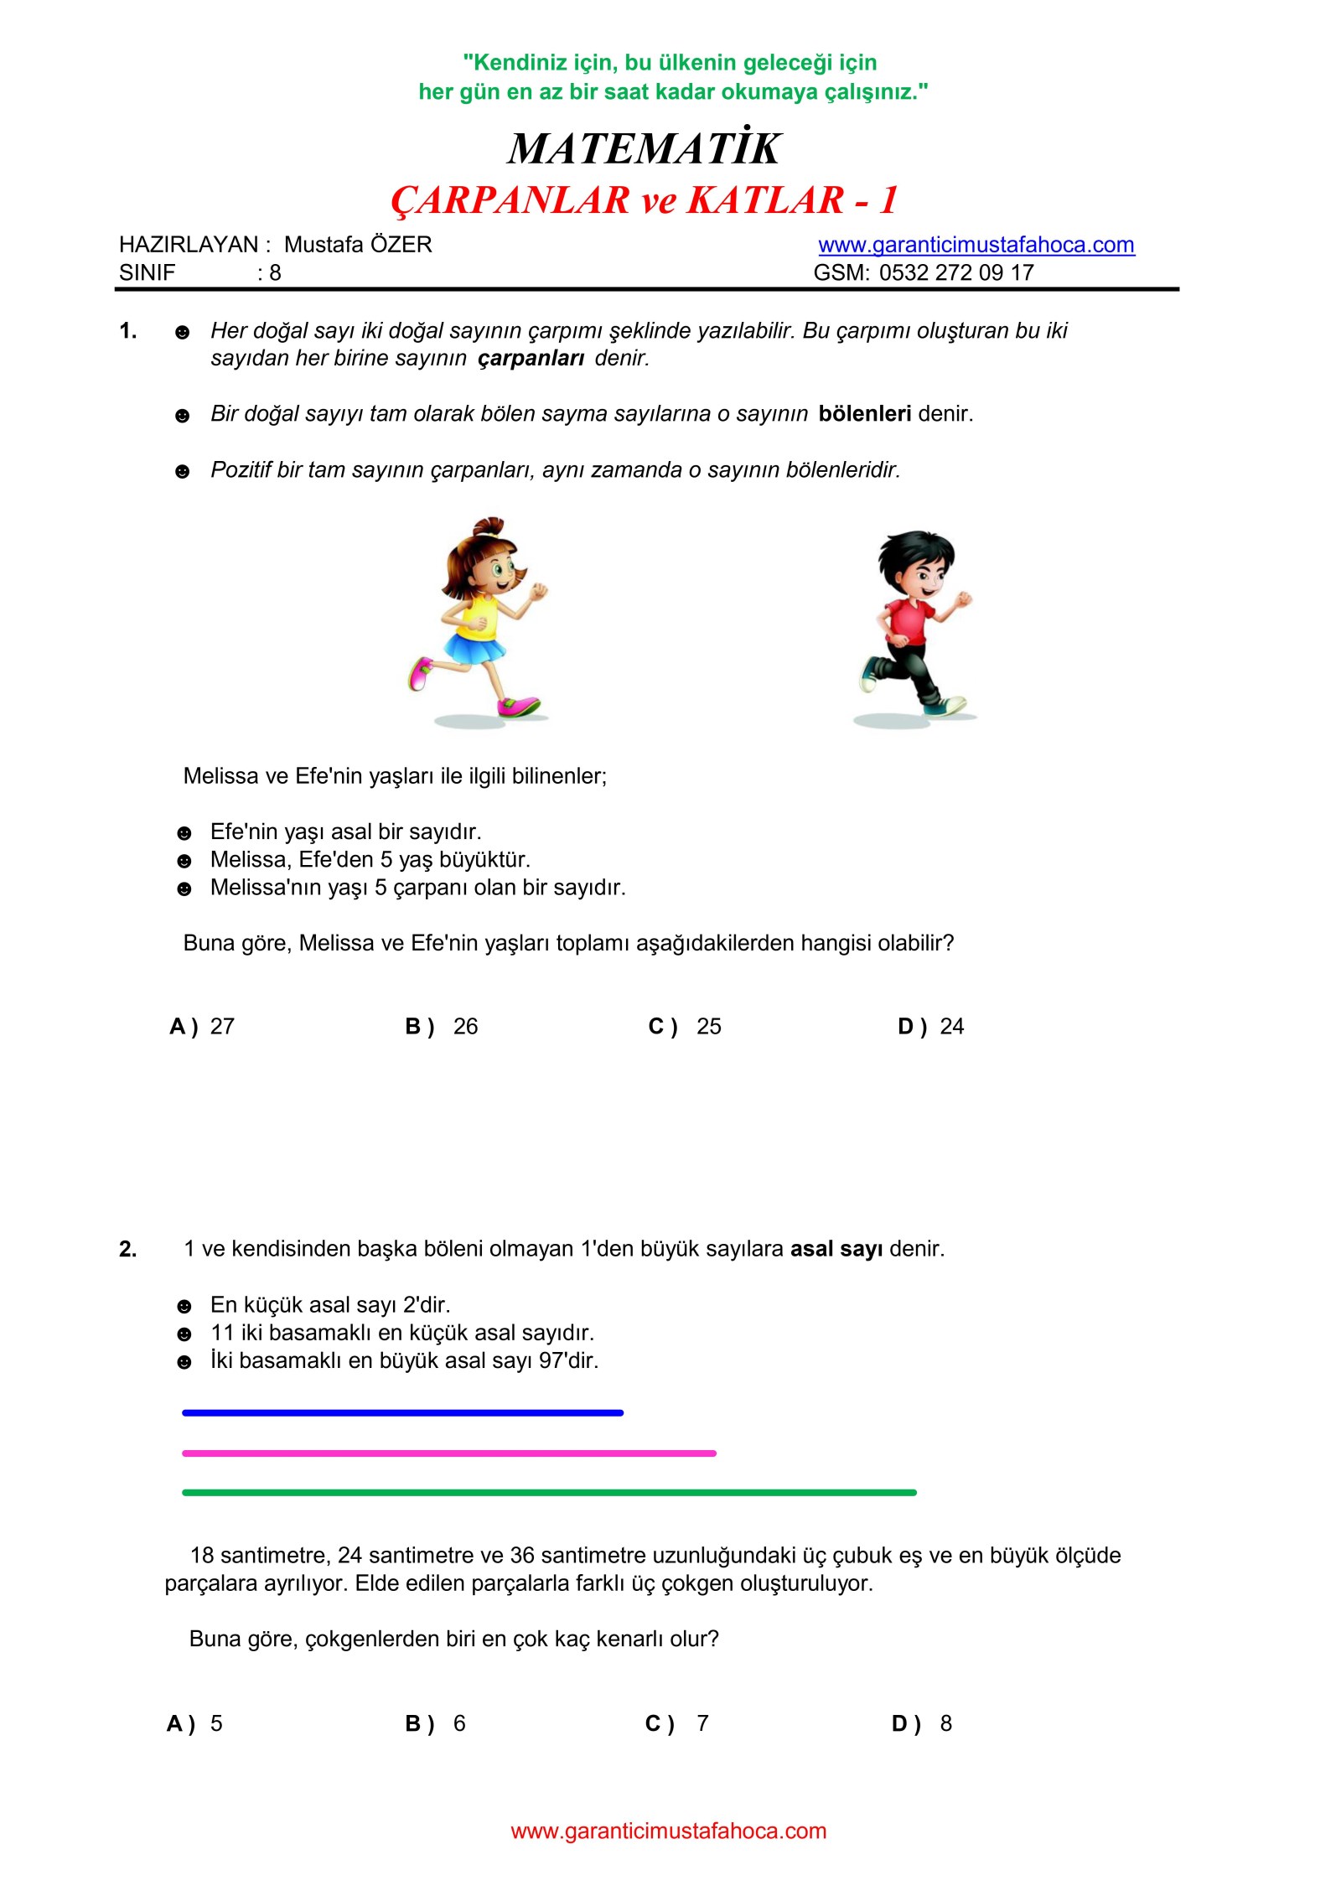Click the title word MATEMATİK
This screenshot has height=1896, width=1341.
[644, 149]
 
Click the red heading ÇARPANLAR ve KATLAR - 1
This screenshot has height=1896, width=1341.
[644, 200]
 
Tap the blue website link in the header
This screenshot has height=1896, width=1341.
[976, 245]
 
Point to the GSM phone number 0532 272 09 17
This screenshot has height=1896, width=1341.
[955, 272]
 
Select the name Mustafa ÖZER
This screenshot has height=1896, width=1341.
[358, 245]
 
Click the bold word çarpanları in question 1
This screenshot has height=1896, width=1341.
[531, 358]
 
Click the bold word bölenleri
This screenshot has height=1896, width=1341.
[864, 413]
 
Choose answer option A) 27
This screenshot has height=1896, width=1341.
[203, 1026]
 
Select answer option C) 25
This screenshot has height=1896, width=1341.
[685, 1026]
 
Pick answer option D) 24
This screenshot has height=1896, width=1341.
[930, 1026]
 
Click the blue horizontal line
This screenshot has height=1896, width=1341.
[402, 1413]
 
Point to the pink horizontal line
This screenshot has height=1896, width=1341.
[448, 1453]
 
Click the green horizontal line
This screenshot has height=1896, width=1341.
[549, 1493]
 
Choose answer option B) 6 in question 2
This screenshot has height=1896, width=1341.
[436, 1723]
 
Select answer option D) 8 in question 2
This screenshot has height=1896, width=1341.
[922, 1723]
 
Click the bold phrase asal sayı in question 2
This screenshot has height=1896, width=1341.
[836, 1249]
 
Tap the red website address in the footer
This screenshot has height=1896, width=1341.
[668, 1831]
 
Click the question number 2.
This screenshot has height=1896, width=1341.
[127, 1250]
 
